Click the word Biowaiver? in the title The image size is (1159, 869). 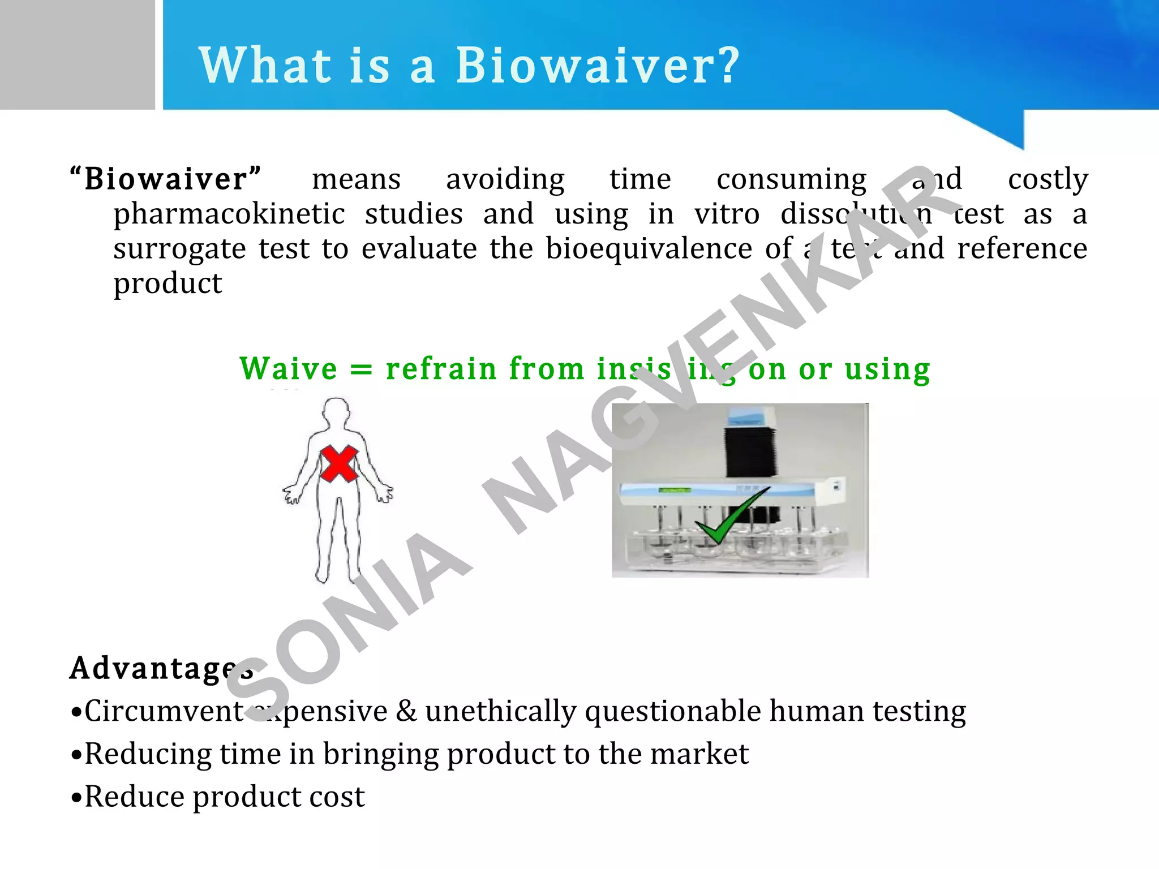(597, 66)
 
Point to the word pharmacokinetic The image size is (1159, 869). (229, 214)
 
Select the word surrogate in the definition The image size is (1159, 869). (179, 249)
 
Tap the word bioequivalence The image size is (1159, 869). (649, 248)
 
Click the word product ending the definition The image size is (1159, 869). (168, 283)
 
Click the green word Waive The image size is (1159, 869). (289, 369)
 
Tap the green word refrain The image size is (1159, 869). (441, 369)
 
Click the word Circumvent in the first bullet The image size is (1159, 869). (164, 711)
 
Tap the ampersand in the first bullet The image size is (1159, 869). (406, 711)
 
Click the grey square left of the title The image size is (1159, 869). (77, 54)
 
